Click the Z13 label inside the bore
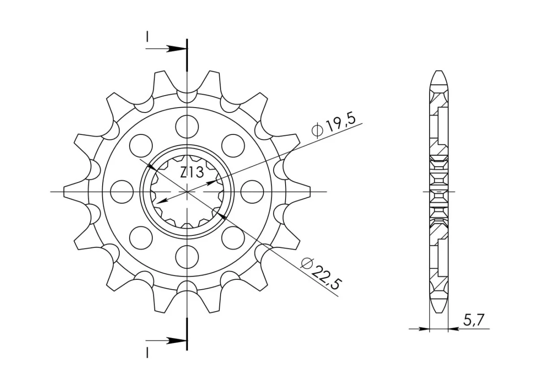pyautogui.click(x=192, y=172)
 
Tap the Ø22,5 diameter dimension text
pyautogui.click(x=321, y=274)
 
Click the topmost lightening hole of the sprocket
pyautogui.click(x=187, y=126)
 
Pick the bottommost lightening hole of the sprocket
pyautogui.click(x=187, y=256)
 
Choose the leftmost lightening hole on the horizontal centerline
pyautogui.click(x=122, y=191)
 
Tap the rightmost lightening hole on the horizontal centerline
pyautogui.click(x=252, y=191)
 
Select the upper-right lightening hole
pyautogui.click(x=233, y=146)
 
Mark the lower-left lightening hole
pyautogui.click(x=141, y=238)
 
